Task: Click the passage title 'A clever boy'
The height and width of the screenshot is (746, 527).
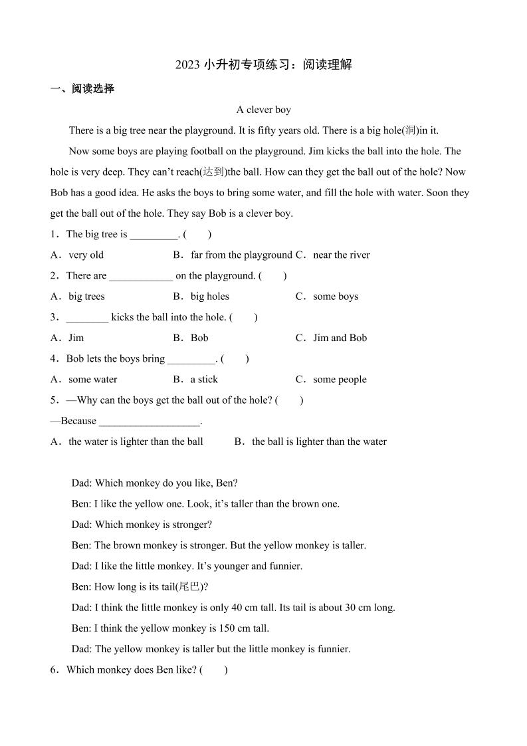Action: click(264, 110)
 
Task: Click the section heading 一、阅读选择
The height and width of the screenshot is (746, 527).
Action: click(82, 88)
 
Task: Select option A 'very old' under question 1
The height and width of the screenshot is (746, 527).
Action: click(86, 255)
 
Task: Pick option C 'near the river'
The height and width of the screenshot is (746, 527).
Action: click(341, 255)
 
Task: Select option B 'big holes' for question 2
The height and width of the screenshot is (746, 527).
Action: click(209, 297)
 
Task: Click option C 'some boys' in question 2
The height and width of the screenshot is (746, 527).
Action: click(335, 297)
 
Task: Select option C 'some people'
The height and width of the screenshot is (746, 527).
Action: click(340, 380)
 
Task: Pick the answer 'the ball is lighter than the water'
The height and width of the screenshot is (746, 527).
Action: click(319, 441)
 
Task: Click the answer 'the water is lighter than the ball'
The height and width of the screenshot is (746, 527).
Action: click(136, 441)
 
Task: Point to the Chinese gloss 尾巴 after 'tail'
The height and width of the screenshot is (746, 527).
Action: click(192, 586)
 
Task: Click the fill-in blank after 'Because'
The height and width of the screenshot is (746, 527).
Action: click(149, 422)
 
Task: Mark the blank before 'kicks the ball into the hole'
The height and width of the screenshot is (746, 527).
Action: click(87, 318)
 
